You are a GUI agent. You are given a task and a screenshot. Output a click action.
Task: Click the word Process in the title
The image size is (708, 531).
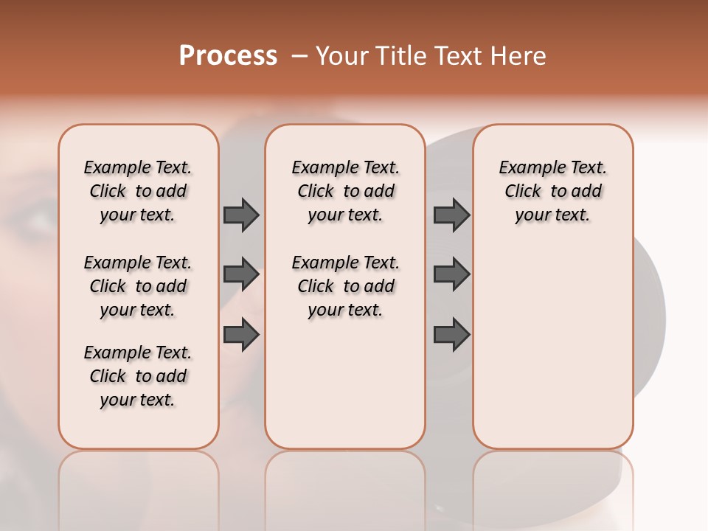click(x=228, y=55)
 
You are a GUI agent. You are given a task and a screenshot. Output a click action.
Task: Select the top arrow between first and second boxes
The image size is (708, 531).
click(x=241, y=215)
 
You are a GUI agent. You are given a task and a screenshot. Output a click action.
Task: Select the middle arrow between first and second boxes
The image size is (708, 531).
click(x=241, y=274)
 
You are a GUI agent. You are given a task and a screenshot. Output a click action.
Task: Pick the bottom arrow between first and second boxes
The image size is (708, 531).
click(x=241, y=335)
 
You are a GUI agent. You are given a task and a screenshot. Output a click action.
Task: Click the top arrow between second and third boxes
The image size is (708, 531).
click(x=451, y=215)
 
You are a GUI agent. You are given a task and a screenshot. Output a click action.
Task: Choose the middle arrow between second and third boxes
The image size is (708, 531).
click(x=451, y=274)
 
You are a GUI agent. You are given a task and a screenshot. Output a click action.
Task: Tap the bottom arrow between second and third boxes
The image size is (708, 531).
click(x=451, y=335)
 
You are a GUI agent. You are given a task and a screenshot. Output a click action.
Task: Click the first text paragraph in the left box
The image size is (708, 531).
click(x=138, y=191)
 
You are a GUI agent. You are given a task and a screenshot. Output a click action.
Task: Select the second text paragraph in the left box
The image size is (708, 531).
click(x=138, y=286)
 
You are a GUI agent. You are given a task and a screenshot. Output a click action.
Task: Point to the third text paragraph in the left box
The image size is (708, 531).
click(x=138, y=376)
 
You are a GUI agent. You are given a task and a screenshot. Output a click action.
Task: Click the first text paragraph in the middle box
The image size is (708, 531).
click(x=345, y=191)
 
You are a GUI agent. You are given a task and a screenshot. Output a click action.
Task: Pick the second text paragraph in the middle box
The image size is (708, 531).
click(x=345, y=286)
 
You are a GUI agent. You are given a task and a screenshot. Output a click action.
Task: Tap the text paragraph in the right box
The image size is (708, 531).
click(x=552, y=191)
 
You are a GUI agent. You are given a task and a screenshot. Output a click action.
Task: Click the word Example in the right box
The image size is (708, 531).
click(x=527, y=168)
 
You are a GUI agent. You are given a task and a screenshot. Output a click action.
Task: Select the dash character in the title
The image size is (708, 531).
click(x=299, y=56)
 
